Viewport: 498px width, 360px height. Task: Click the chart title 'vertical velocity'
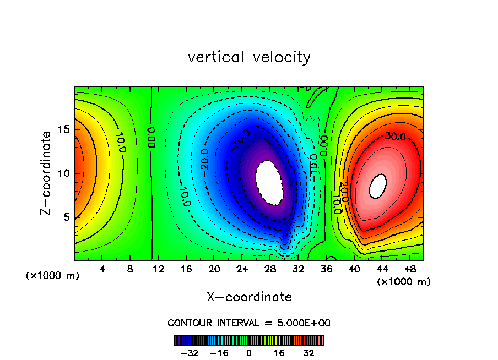pos(249,57)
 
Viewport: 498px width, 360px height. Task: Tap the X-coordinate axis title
pos(249,297)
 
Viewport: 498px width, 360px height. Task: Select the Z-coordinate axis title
pos(47,173)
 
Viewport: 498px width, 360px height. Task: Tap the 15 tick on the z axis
pos(64,129)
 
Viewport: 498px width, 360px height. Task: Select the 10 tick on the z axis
pos(64,173)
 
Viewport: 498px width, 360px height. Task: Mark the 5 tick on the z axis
pos(67,217)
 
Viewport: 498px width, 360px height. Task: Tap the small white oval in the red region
pos(377,186)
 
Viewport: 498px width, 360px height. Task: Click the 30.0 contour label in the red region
pos(395,136)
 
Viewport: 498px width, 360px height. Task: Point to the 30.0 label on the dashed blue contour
pos(241,137)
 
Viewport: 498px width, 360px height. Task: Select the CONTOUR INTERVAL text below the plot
pos(249,323)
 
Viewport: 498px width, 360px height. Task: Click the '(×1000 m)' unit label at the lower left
pos(53,276)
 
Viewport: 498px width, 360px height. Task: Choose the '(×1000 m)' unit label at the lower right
pos(404,282)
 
